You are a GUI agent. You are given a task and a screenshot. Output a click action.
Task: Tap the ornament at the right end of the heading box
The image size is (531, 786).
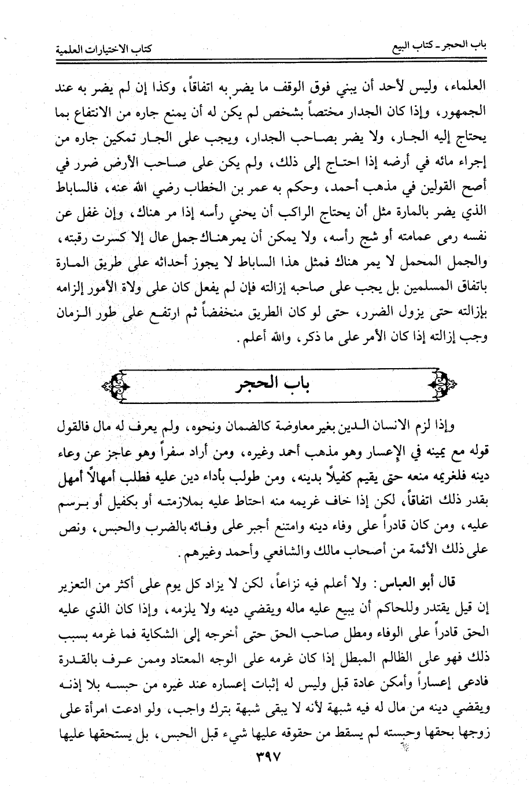click(443, 383)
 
